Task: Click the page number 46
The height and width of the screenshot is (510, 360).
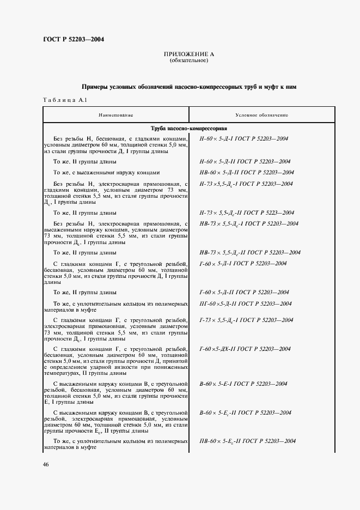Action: click(x=46, y=464)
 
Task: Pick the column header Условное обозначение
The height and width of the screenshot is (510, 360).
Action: click(x=261, y=116)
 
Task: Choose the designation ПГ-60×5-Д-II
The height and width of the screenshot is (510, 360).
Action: click(x=246, y=303)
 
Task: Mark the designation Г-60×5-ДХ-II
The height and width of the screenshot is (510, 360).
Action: click(x=245, y=348)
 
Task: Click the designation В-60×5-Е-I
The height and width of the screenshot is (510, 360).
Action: click(x=243, y=384)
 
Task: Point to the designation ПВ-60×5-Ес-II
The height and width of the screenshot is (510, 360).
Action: click(x=248, y=440)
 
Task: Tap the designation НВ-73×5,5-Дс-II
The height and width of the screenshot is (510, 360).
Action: click(x=250, y=252)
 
